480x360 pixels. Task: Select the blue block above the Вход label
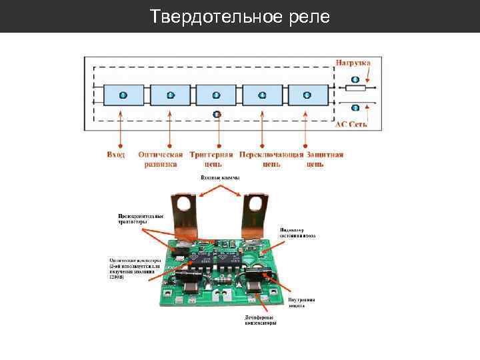pos(123,95)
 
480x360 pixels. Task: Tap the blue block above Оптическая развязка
pos(170,95)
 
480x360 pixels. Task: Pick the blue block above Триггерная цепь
pos(216,95)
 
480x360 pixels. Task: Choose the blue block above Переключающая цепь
pos(262,95)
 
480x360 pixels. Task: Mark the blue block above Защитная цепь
pos(307,95)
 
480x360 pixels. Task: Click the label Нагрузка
pos(353,63)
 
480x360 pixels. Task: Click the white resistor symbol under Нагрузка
pos(355,87)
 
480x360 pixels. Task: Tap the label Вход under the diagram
pos(116,155)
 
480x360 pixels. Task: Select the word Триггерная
pos(211,155)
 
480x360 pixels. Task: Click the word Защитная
pos(325,155)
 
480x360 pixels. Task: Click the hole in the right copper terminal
pos(255,202)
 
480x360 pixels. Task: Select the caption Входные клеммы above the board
pos(220,178)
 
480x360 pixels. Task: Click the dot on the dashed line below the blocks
pos(217,114)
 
